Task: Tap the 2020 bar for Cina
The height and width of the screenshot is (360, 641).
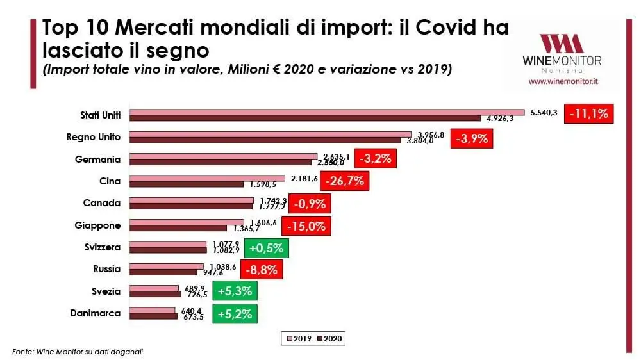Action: [x=187, y=184]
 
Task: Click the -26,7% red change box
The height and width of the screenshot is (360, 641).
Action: [x=345, y=181]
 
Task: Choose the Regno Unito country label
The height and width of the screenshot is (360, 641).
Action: [x=94, y=137]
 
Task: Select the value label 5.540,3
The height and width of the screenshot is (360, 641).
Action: [x=544, y=112]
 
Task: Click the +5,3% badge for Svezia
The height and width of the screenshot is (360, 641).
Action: [x=235, y=291]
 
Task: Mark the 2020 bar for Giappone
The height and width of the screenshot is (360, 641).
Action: [x=178, y=228]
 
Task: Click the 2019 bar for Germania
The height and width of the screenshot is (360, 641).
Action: [x=224, y=156]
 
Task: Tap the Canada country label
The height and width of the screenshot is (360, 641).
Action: [x=101, y=203]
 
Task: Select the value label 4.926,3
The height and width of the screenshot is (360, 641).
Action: [x=500, y=119]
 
